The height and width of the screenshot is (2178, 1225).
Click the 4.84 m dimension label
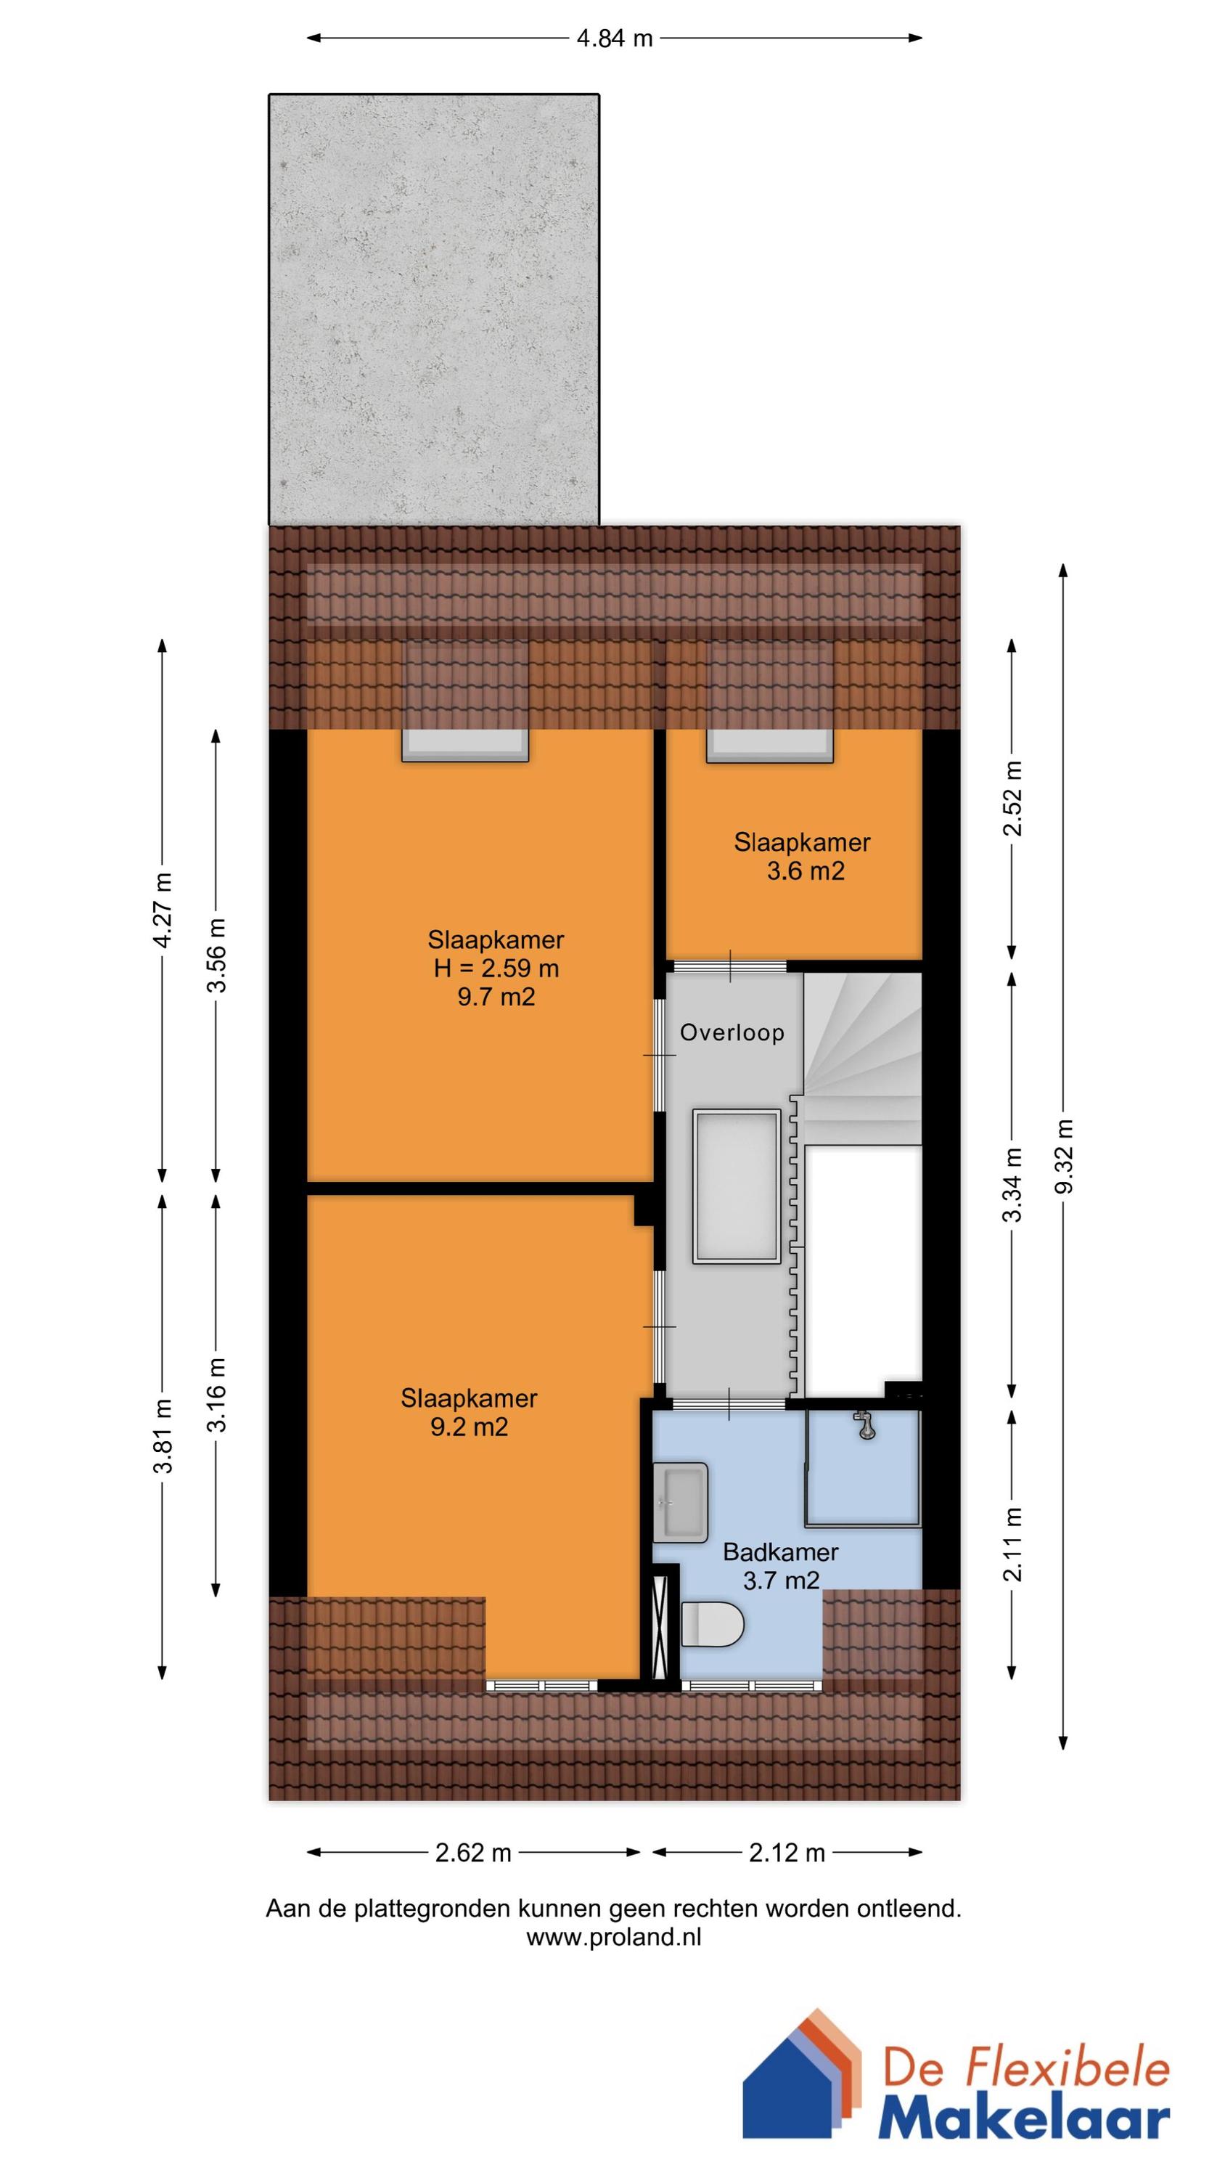614,38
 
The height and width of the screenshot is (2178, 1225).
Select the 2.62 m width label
472,1853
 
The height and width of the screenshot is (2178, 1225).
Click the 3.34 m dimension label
1011,1185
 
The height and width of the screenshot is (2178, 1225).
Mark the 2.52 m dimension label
1011,798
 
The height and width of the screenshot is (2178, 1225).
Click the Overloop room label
732,1032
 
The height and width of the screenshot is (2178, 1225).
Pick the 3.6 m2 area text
805,871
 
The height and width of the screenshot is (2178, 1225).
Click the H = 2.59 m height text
496,968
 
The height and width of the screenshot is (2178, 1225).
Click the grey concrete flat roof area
434,309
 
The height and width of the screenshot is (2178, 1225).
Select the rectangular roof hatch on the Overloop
737,1187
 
